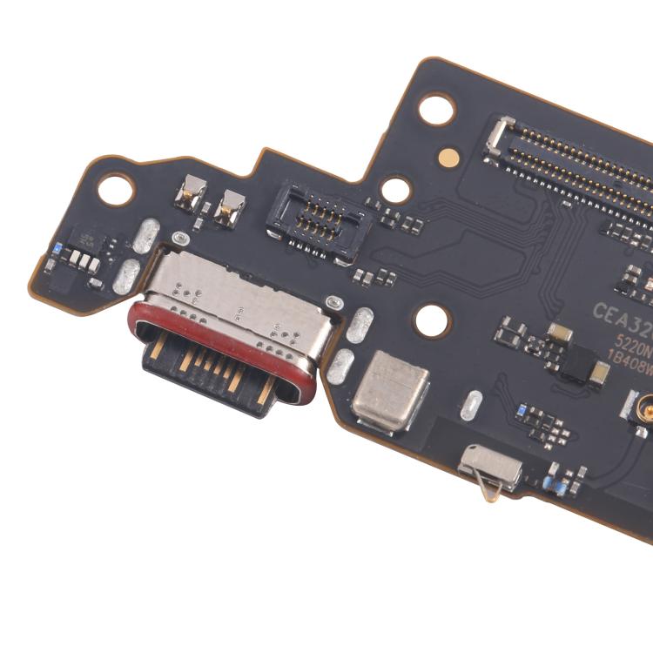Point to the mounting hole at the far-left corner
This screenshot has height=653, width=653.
[115, 189]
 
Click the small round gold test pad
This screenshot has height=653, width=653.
[448, 158]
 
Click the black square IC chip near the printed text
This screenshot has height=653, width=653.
[576, 361]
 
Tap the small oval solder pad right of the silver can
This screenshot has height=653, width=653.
[471, 406]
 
